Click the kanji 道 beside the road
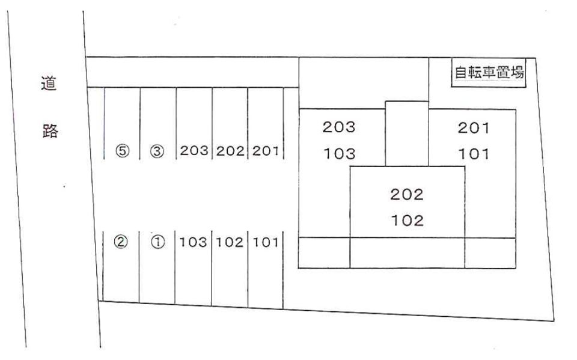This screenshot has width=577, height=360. point(49,84)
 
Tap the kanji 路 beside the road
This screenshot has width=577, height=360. point(50,130)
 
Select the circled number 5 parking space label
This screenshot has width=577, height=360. point(123,151)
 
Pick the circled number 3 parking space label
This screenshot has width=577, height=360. point(157,151)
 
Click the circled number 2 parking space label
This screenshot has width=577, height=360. point(121,242)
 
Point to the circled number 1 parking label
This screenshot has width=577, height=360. point(158,242)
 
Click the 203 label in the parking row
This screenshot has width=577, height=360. point(194,151)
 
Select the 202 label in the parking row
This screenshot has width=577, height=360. point(230,151)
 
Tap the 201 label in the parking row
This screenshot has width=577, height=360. point(265,151)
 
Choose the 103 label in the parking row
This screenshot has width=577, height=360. point(193,242)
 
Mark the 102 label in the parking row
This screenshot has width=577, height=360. point(229,242)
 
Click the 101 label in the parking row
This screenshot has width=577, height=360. point(265,242)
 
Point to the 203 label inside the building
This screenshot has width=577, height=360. point(339,127)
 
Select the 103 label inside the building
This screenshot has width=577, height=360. point(339,153)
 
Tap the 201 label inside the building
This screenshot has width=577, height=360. point(474,128)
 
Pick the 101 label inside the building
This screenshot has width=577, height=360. point(474,154)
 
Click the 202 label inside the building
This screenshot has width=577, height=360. point(407,194)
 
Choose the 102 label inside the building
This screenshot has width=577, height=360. point(408,221)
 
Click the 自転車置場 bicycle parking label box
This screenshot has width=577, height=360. point(489,73)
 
